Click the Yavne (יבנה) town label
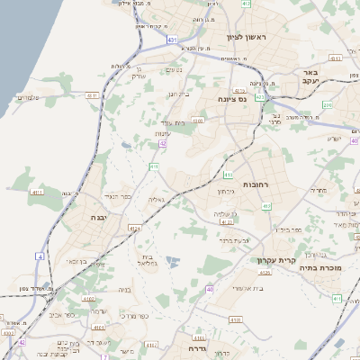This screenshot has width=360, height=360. [x=99, y=217]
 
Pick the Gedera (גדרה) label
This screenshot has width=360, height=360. [x=198, y=347]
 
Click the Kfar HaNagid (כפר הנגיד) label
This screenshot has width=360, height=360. [x=118, y=196]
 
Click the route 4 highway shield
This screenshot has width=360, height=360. [x=40, y=256]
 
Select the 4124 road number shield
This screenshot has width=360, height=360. [x=134, y=229]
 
